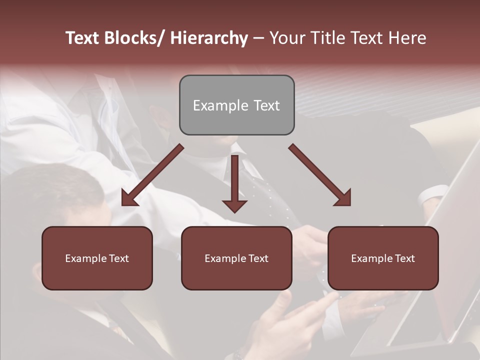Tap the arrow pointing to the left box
[152, 175]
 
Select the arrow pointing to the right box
[320, 175]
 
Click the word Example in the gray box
[220, 105]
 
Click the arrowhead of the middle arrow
[234, 205]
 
